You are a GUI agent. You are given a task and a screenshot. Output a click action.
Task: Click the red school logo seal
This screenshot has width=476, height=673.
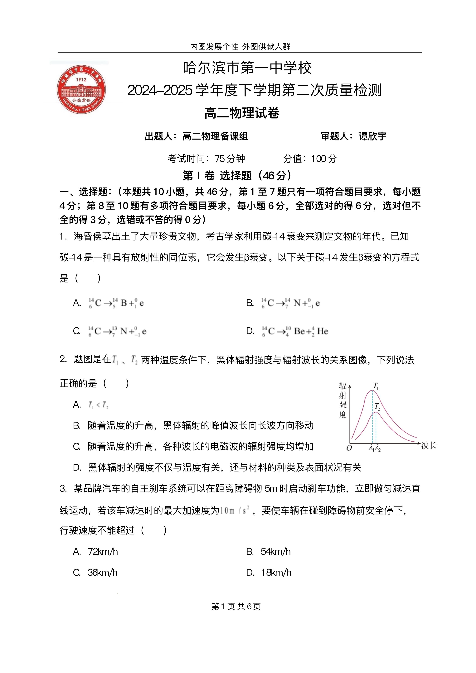point(81,89)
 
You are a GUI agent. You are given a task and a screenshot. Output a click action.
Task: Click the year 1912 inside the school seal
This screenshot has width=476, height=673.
point(81,79)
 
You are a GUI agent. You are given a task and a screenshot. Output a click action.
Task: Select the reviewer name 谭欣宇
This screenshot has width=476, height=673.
point(372,136)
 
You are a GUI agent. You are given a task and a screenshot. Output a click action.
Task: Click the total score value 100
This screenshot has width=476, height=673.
point(319,159)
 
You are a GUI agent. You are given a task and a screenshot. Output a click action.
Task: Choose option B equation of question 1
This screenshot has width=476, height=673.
point(290,303)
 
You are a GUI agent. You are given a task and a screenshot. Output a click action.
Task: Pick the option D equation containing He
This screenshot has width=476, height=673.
point(295,331)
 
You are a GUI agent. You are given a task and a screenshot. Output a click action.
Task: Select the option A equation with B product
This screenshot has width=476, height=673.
point(116,303)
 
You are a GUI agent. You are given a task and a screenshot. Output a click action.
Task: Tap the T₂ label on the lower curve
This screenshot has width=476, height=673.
point(377,407)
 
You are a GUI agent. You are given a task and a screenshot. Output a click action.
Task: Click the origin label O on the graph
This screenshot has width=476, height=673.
point(349,448)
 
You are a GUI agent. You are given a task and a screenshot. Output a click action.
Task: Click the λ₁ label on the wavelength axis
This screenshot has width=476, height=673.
point(372,448)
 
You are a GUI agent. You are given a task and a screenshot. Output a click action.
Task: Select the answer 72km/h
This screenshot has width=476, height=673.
point(103,551)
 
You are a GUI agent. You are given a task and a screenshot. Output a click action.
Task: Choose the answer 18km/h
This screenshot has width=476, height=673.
point(276,572)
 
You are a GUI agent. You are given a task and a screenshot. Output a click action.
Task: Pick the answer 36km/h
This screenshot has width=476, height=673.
point(102,572)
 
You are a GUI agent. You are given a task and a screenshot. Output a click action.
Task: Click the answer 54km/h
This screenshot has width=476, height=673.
point(276,551)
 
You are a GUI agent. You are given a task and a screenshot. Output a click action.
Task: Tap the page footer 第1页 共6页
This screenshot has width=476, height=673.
point(236,606)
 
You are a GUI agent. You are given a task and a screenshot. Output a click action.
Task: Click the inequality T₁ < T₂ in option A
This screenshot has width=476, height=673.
point(98,405)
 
